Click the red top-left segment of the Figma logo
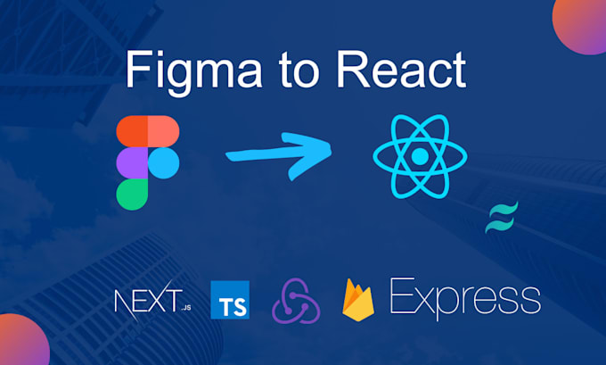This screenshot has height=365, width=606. (132, 130)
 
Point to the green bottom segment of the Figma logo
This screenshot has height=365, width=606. (132, 192)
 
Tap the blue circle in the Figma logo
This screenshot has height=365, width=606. (163, 162)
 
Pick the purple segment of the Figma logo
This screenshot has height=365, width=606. (132, 162)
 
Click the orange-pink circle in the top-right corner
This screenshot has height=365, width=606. (584, 22)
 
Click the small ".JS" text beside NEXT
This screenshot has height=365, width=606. (185, 308)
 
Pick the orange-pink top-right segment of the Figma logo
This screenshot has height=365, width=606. (162, 130)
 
